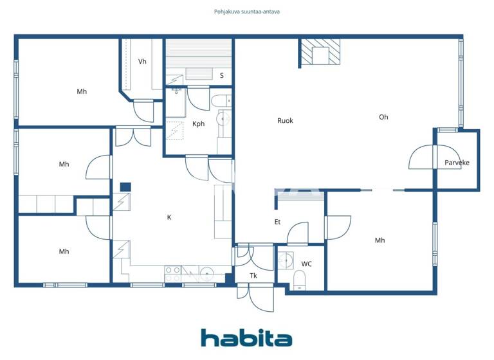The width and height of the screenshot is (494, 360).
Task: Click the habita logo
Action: pos(246,337)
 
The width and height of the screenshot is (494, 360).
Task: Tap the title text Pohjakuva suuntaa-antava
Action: pos(247,12)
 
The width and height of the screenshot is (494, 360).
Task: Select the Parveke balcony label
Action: pos(457,163)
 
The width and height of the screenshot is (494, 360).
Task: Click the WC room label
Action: pos(307,264)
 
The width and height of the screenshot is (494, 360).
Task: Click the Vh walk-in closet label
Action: pos(143,62)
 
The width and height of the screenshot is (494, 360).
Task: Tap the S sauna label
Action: pos(222,75)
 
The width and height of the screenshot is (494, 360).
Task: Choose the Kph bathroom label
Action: pos(198,124)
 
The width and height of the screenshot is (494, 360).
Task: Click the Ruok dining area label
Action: pos(285,120)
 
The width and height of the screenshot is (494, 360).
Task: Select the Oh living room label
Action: pos(383,117)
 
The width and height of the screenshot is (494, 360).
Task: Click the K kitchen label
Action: pos(169,217)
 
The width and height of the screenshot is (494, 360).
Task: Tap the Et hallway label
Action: pos(277,222)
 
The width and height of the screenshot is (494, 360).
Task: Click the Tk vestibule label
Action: pos(254,276)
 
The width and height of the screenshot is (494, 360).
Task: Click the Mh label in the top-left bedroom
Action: pos(82,91)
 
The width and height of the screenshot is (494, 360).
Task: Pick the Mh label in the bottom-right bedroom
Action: pos(380,240)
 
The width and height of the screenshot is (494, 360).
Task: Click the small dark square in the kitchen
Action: pos(125,187)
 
